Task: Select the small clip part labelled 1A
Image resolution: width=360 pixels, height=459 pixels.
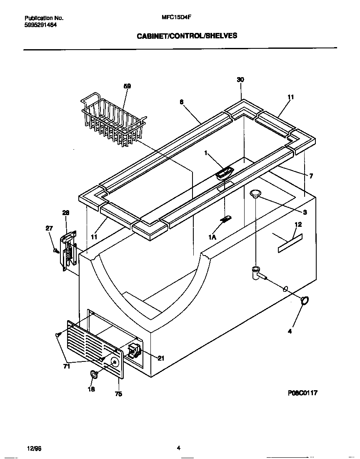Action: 227,219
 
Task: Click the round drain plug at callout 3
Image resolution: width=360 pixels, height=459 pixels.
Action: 255,192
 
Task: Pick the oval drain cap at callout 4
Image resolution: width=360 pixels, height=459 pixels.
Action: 305,300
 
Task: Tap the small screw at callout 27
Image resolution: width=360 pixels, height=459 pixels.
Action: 56,251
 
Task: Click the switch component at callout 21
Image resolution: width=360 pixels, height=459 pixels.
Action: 134,351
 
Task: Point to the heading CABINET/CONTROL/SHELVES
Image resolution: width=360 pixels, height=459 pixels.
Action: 187,36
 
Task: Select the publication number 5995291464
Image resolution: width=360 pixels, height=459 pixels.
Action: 41,25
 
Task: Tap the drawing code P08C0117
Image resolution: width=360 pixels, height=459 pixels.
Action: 305,393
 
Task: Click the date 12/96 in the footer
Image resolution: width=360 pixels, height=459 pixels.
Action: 34,449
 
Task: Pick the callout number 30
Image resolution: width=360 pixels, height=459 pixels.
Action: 240,80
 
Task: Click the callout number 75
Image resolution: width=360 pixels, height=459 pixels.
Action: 118,394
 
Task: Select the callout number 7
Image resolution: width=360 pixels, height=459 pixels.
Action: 311,176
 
